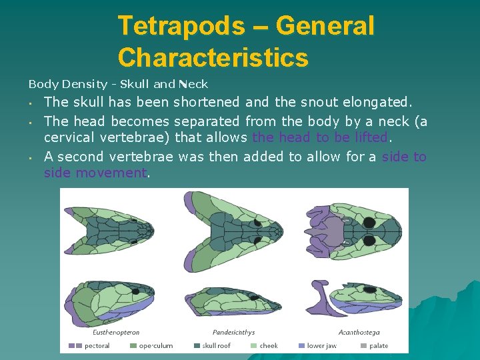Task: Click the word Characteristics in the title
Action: click(x=213, y=57)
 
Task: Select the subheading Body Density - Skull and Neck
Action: click(x=118, y=84)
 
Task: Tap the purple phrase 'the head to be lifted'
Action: click(x=320, y=138)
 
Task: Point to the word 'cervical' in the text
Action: click(x=69, y=138)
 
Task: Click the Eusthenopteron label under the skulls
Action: click(x=116, y=331)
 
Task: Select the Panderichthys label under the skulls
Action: click(x=233, y=331)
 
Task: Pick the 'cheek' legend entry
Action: click(x=269, y=345)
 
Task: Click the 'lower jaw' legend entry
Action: click(x=321, y=345)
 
